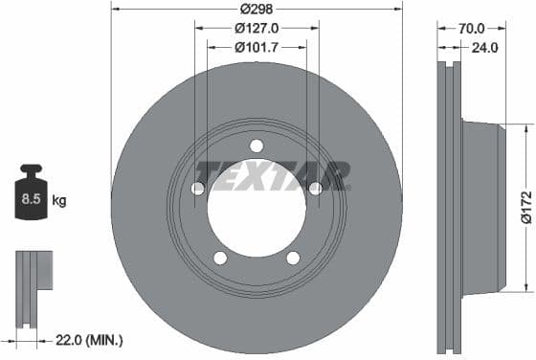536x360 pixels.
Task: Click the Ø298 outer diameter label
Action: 257,9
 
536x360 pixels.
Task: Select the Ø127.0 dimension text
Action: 257,28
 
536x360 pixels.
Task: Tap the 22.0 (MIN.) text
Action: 90,340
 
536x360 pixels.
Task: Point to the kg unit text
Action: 59,201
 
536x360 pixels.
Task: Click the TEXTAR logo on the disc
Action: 272,175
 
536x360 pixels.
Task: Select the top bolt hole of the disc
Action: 257,146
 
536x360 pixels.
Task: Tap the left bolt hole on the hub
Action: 197,189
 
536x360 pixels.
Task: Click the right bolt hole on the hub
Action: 315,189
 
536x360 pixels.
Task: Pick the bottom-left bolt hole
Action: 220,257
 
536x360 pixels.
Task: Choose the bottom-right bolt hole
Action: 293,257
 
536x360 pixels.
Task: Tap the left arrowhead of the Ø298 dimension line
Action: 115,9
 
